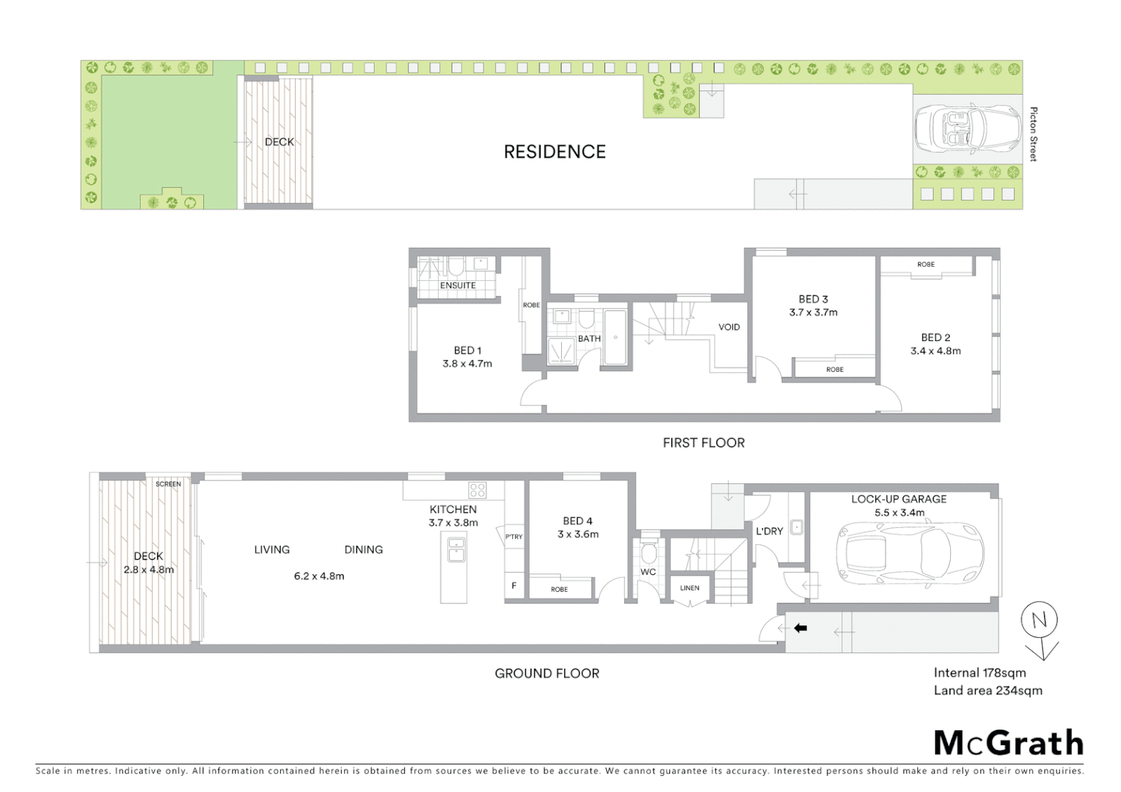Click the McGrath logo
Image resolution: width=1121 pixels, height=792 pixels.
1008,743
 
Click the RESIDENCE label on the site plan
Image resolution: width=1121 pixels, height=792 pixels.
555,152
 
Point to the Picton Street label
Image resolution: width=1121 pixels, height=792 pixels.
1033,134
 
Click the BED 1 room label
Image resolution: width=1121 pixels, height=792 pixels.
467,351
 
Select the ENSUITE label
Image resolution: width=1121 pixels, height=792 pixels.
458,285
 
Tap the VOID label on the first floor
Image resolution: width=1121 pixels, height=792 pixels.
729,327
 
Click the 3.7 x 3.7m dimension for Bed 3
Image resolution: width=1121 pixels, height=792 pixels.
813,312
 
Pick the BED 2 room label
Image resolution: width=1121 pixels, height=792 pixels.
935,337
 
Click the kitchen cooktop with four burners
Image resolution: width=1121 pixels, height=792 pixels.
478,490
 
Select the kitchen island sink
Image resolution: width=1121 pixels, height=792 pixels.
456,549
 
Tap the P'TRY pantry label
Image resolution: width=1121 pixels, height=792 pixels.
514,537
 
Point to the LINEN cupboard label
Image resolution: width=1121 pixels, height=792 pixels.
690,588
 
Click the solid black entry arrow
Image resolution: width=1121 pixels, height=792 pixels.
800,628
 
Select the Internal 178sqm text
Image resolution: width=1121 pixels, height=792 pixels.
979,672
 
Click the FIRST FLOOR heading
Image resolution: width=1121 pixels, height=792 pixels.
704,443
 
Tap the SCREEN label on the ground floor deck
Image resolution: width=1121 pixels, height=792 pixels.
168,484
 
